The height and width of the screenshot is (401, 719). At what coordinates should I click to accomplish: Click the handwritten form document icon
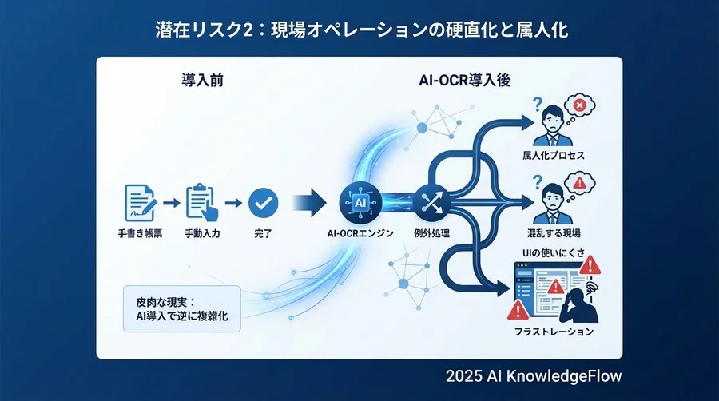(138, 203)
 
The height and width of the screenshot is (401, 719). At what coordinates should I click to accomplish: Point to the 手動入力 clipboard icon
(201, 203)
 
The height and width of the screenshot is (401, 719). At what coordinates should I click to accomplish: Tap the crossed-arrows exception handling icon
(431, 202)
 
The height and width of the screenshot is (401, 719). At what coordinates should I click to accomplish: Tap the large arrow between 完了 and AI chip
(307, 203)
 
